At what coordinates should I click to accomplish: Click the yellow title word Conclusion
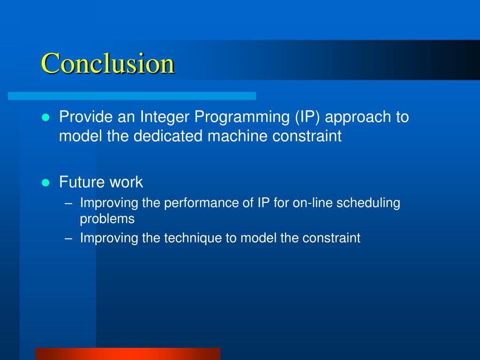coord(108,63)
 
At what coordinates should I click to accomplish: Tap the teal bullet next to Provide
coord(45,118)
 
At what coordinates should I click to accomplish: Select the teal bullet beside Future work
coord(45,183)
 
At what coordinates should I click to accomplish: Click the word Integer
coord(165,117)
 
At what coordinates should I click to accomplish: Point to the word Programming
coord(242,117)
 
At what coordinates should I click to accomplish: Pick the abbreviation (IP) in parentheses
coord(307,117)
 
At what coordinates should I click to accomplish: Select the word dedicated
coord(168,135)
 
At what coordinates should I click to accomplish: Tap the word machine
coord(238,135)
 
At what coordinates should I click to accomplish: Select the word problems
coord(107,219)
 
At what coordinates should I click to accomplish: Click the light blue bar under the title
coord(132,96)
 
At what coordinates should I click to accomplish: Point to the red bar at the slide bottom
coord(128,354)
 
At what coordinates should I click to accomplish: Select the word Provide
coord(86,117)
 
